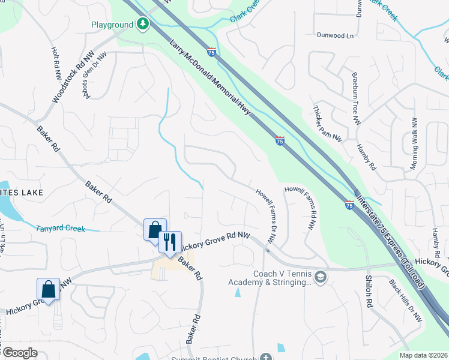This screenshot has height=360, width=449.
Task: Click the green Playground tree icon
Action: point(142,25)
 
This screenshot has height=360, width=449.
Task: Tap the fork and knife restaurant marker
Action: point(170,242)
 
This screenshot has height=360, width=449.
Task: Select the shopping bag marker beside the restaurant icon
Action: point(154,230)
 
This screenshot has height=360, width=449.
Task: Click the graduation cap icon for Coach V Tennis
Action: point(321,277)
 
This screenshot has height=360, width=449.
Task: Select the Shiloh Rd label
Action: point(369,291)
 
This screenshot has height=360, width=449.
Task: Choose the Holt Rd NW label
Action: point(56,64)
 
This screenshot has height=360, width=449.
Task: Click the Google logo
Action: point(19,353)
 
